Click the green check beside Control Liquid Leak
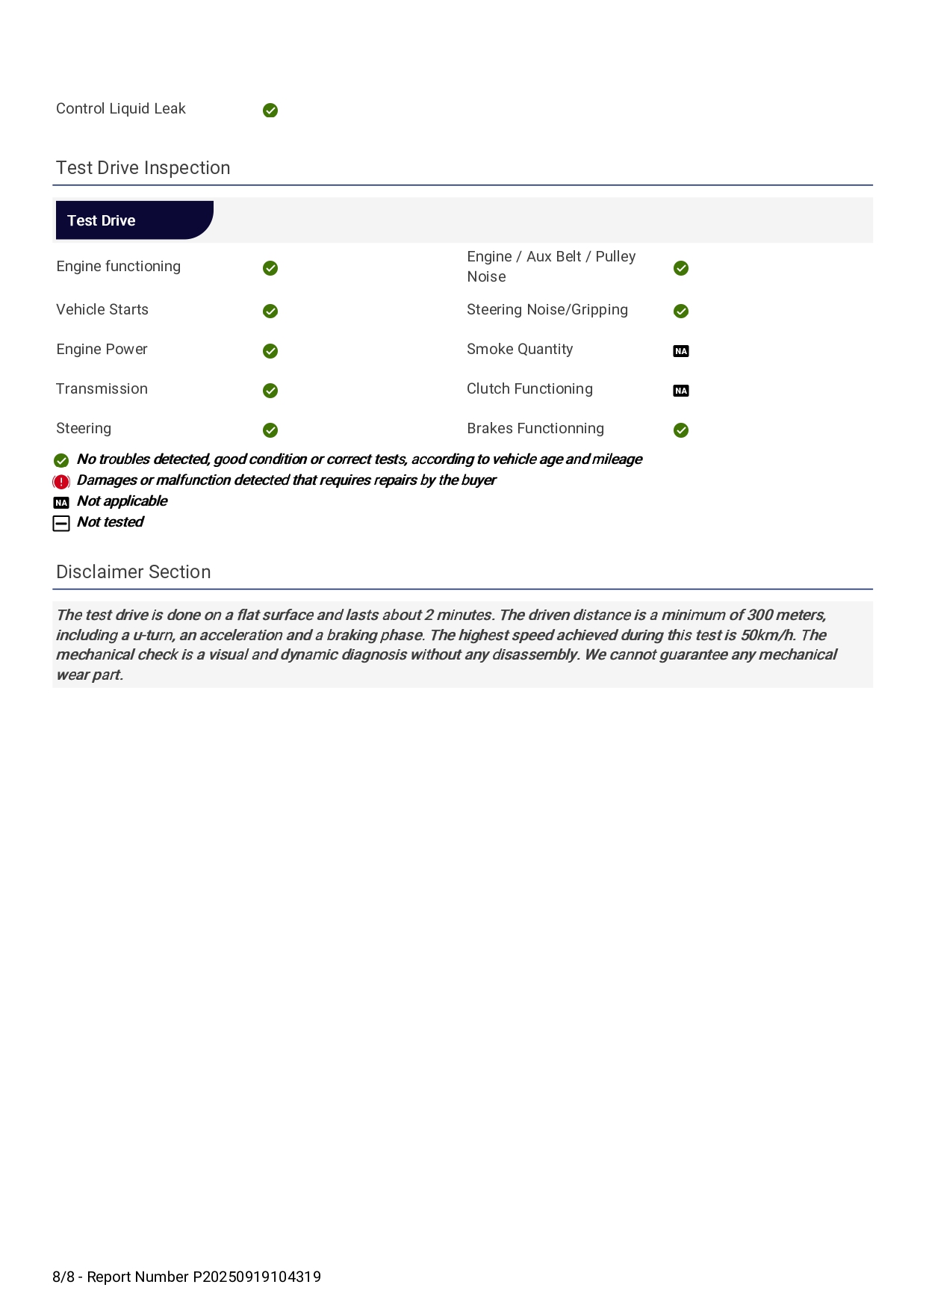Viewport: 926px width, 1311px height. point(270,111)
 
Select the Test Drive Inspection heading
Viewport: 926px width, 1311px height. point(143,168)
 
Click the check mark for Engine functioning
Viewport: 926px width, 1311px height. point(270,268)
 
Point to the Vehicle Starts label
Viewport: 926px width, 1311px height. point(102,310)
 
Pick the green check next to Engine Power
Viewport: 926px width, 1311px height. point(270,351)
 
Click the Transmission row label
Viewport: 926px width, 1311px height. point(102,389)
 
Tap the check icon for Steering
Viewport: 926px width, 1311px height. point(270,430)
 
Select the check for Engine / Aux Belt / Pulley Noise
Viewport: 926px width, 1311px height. point(681,268)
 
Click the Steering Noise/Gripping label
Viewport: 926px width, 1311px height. point(547,310)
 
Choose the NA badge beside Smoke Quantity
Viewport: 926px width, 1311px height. point(681,351)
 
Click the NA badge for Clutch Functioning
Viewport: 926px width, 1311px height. point(681,391)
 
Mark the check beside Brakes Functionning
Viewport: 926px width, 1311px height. point(681,430)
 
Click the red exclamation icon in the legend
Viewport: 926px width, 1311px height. point(61,482)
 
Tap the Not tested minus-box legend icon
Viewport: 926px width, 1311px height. point(61,524)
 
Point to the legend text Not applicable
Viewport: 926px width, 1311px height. point(122,501)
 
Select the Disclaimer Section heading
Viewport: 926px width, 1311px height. point(134,572)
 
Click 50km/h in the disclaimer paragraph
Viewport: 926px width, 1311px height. point(767,636)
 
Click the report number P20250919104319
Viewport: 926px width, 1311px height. point(257,1277)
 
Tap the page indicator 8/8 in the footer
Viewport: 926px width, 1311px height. point(63,1277)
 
